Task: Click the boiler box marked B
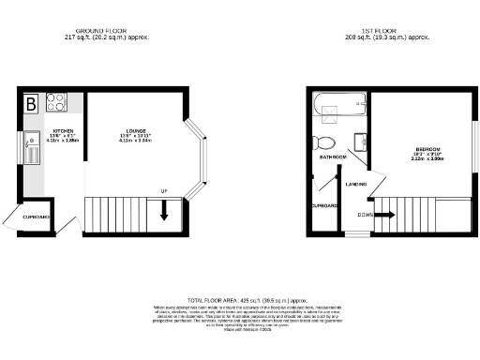(x=31, y=102)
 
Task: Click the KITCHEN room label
(x=63, y=130)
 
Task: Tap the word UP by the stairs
(x=165, y=191)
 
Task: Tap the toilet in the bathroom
(x=325, y=142)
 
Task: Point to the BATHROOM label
(x=333, y=157)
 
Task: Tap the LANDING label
(x=355, y=184)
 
